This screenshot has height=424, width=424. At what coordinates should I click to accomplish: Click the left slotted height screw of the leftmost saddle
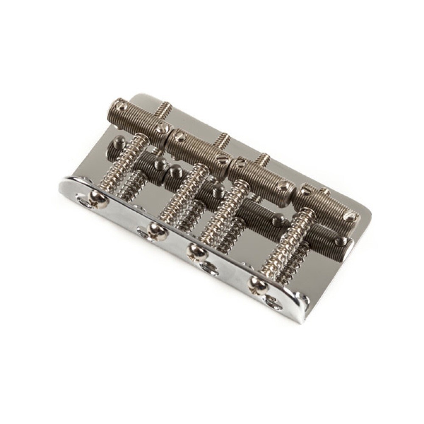[120, 103]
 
